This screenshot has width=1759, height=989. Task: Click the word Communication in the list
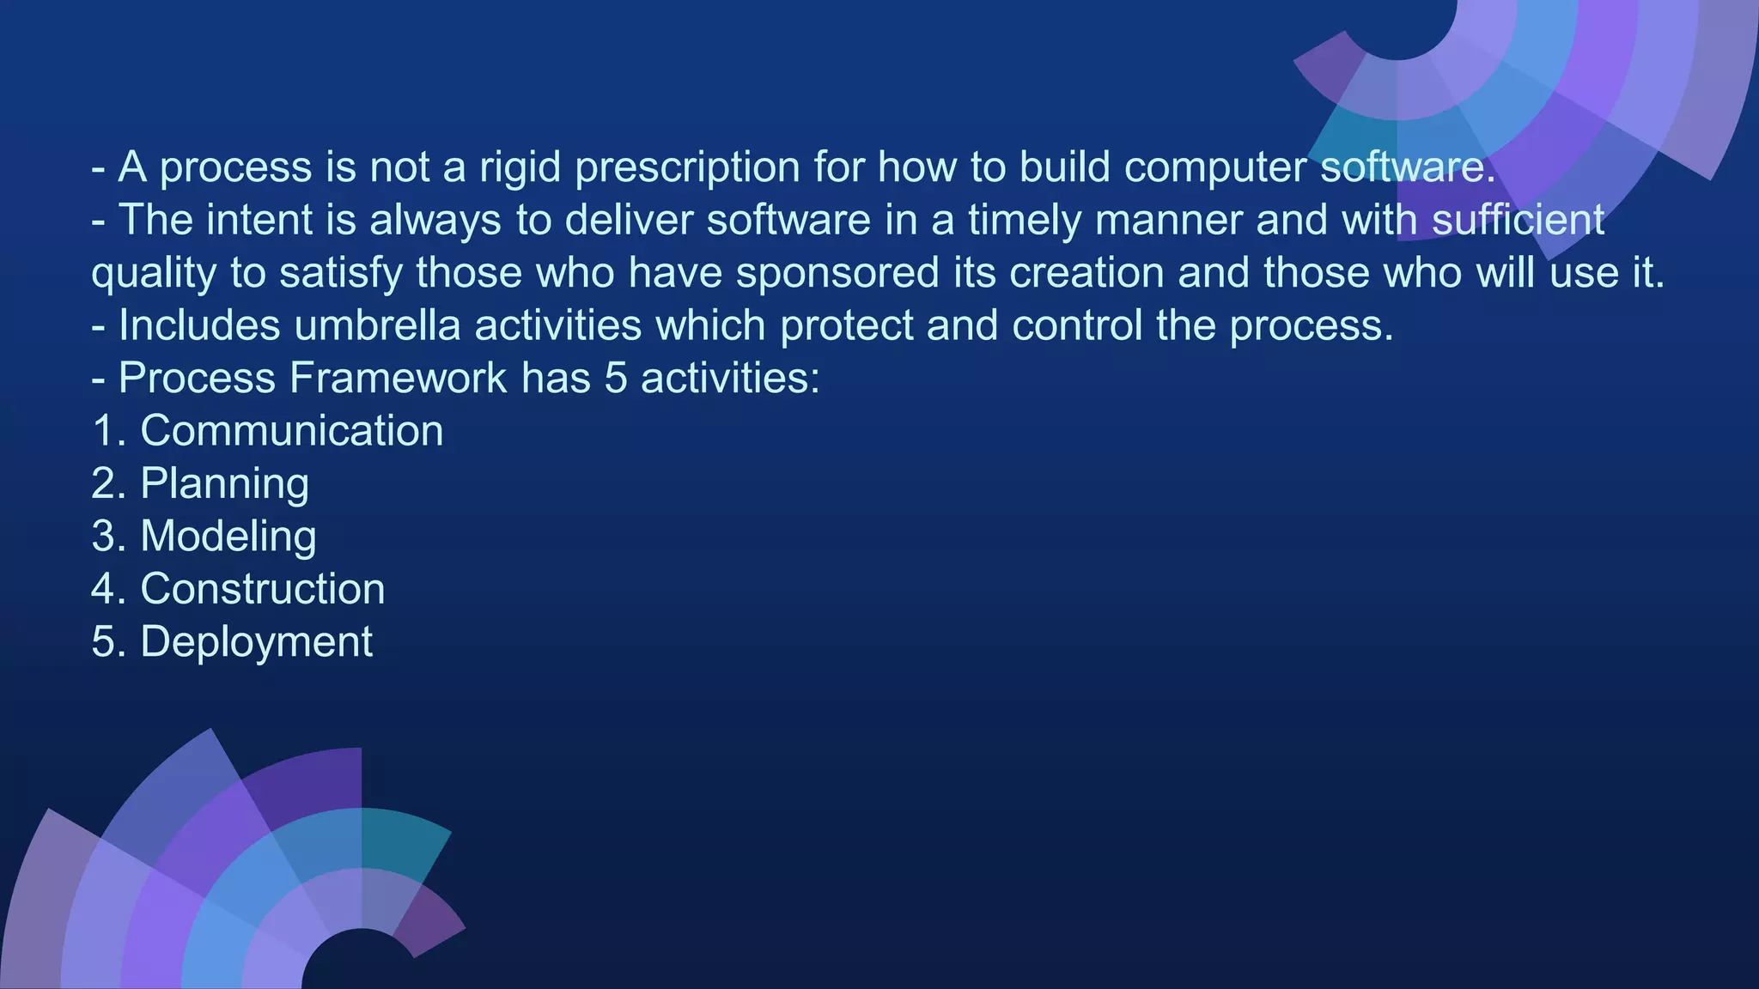tap(291, 431)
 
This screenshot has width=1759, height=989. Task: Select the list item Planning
tap(224, 484)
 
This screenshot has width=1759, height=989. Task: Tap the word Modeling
tap(228, 537)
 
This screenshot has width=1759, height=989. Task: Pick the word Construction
tap(262, 590)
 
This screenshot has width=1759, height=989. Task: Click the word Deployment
tap(256, 642)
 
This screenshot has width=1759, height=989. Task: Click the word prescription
tap(687, 167)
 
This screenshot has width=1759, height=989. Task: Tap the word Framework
tap(399, 379)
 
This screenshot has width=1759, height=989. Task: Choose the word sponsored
tap(837, 273)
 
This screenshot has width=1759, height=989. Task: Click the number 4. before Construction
tap(109, 590)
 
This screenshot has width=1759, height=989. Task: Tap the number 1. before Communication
tap(109, 431)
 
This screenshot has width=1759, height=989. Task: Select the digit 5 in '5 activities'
tap(615, 379)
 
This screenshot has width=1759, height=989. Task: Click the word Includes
tap(199, 325)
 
